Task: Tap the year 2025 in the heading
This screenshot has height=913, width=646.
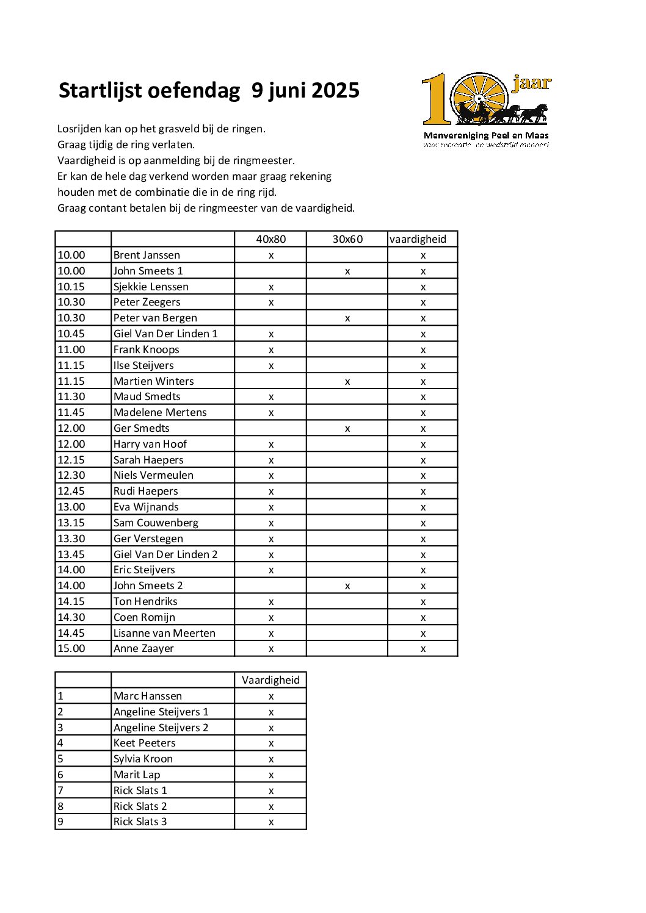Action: [x=335, y=90]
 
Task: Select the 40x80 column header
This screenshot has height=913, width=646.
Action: [x=270, y=239]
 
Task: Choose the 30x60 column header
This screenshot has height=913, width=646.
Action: [x=347, y=239]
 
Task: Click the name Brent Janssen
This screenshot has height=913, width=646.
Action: [x=147, y=255]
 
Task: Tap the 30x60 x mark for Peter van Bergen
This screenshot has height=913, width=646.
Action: [x=347, y=318]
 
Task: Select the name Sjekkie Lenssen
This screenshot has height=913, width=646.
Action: [x=151, y=287]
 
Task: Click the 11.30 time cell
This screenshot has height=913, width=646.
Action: [x=71, y=396]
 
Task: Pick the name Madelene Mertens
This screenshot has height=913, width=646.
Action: [x=160, y=412]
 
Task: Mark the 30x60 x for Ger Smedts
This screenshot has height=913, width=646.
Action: [x=347, y=429]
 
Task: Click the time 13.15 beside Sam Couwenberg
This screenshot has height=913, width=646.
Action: [x=71, y=523]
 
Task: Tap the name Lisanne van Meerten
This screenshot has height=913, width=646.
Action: [x=164, y=633]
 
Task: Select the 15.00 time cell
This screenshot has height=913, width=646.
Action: [x=71, y=648]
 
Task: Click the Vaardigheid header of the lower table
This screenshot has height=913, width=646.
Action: [x=270, y=680]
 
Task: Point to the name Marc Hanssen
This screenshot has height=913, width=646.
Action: [x=148, y=696]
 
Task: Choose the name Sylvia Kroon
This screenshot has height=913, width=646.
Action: [x=143, y=759]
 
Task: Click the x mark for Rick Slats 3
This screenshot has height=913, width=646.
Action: [x=271, y=822]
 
